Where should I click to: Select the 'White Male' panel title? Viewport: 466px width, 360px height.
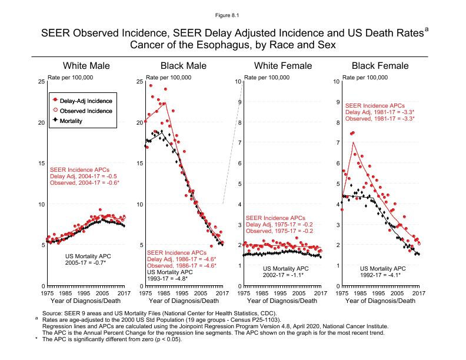coord(86,65)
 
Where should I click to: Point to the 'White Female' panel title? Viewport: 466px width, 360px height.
coord(281,65)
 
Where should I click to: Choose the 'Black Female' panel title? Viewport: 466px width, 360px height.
coord(380,65)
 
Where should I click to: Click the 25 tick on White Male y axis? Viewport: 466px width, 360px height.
coord(41,82)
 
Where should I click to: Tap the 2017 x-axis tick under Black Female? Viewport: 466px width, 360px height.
coord(418,292)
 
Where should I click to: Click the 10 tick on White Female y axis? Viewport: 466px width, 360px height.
coord(237,82)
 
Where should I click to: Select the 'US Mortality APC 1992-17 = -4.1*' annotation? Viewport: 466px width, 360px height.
coord(380,272)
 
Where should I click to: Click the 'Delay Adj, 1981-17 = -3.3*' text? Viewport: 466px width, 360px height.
coord(380,112)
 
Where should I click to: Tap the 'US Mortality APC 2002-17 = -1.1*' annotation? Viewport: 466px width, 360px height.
coord(281,272)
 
